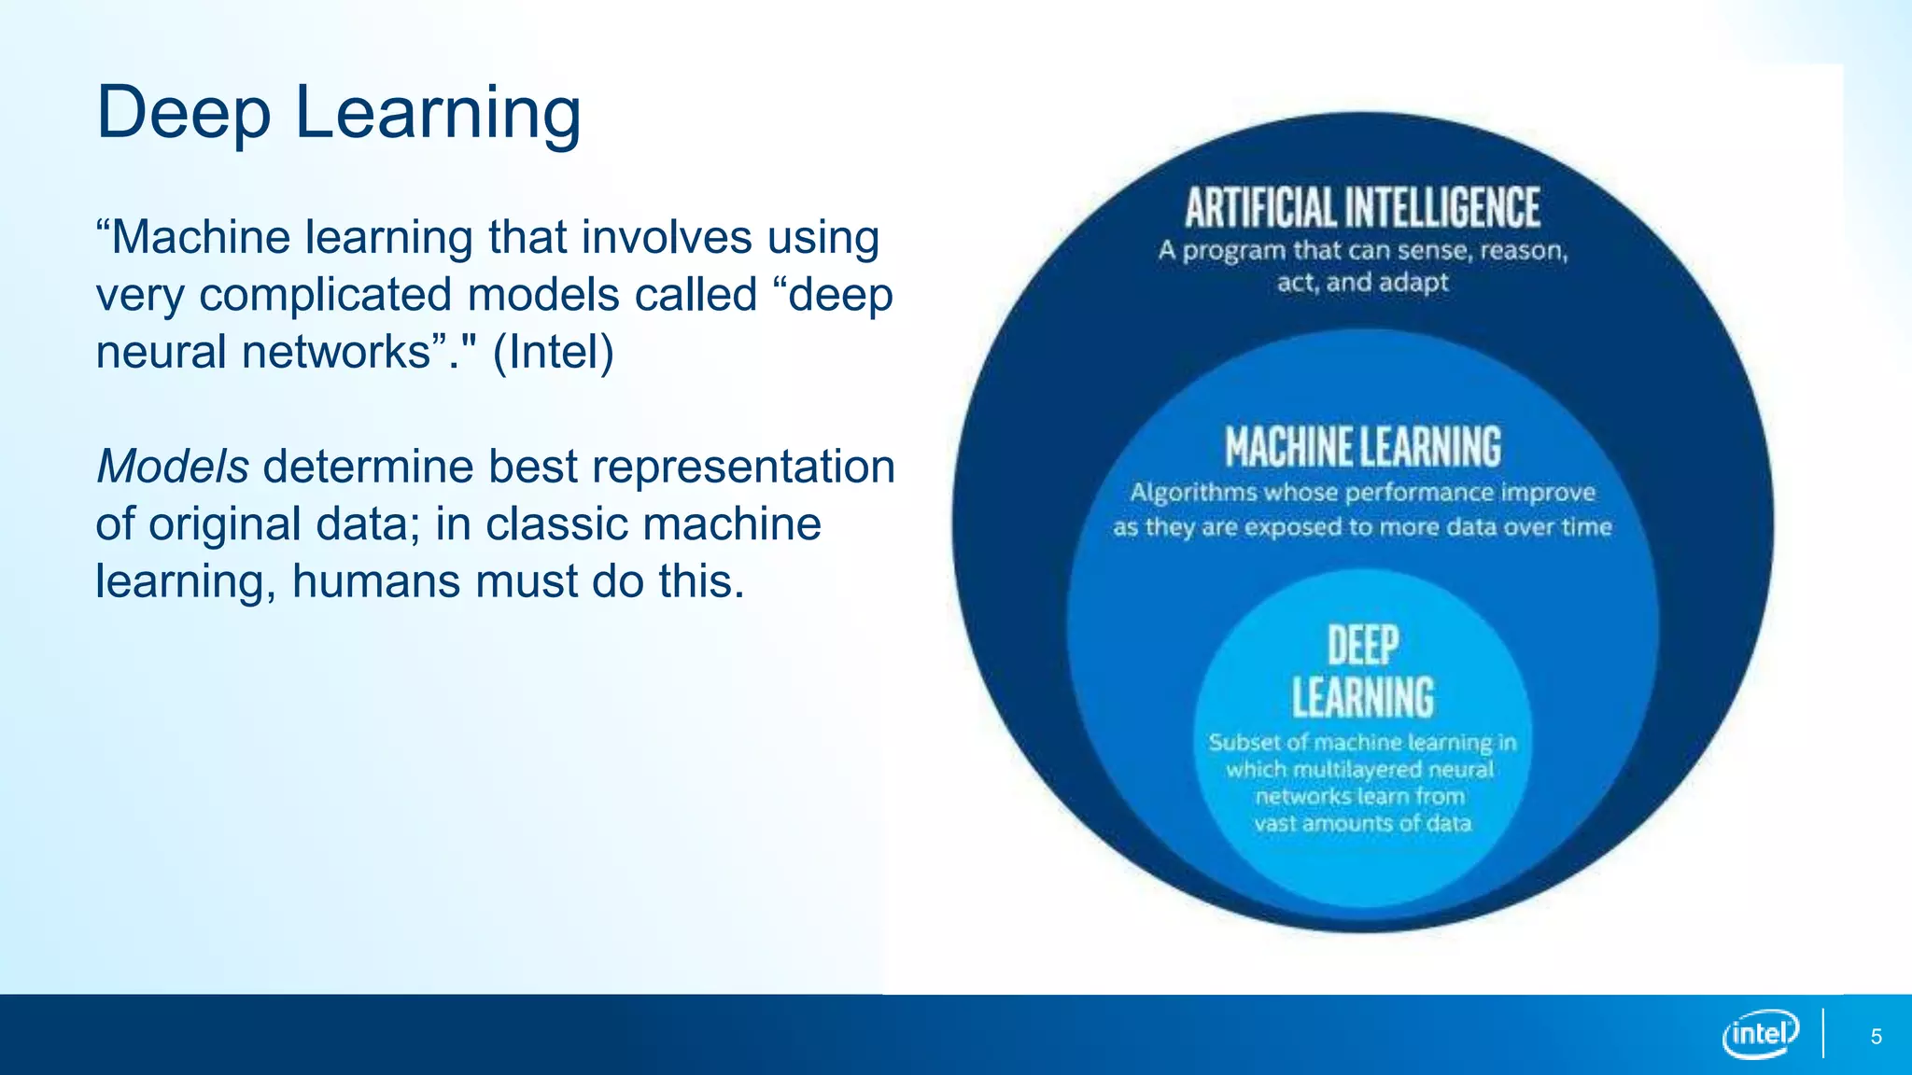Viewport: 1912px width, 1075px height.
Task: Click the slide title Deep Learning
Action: (x=338, y=113)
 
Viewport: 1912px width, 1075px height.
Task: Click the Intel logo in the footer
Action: (x=1760, y=1034)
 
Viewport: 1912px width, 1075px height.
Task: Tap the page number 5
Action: (x=1876, y=1037)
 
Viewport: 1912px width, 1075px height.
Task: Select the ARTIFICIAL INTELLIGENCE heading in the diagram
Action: (x=1362, y=207)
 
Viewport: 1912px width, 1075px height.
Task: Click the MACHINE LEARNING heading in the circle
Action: (x=1362, y=446)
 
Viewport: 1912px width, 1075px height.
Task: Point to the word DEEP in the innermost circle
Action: (x=1362, y=646)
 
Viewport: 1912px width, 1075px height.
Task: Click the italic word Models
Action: (x=172, y=467)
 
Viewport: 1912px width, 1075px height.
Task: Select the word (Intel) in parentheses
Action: (x=553, y=353)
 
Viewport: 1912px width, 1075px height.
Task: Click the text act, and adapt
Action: (x=1362, y=282)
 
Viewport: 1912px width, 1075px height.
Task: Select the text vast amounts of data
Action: (x=1362, y=823)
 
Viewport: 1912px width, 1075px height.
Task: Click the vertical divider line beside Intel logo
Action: (x=1822, y=1034)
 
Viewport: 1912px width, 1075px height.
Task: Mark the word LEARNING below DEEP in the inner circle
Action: (x=1362, y=698)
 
